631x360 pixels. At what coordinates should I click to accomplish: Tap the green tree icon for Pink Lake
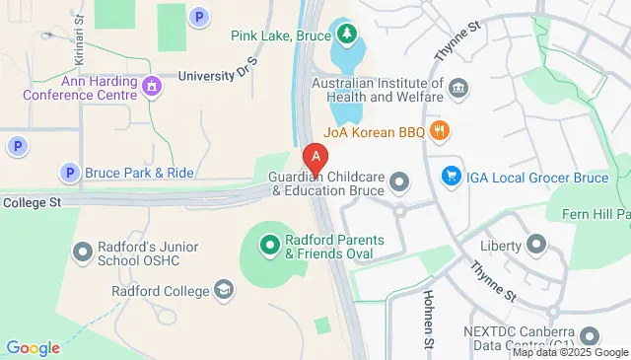346,36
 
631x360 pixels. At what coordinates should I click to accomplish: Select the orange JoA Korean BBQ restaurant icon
441,129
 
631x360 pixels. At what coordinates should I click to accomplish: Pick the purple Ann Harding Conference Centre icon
151,87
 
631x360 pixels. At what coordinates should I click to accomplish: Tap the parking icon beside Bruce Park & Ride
69,173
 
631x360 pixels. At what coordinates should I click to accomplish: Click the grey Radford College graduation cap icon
225,290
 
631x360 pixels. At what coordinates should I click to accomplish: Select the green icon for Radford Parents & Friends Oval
268,242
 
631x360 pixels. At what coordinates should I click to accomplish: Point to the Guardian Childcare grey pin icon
399,181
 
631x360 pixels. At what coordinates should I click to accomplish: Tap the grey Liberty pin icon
536,244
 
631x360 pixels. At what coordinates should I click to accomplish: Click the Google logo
33,347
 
